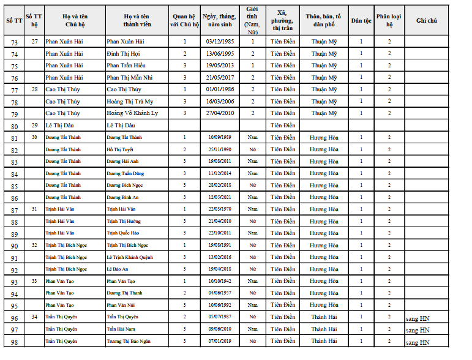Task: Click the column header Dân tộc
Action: click(361, 20)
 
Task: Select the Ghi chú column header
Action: click(426, 20)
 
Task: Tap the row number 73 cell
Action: click(14, 42)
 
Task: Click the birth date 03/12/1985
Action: click(219, 42)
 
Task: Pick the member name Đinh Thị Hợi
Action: click(123, 54)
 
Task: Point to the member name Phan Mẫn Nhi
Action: click(130, 78)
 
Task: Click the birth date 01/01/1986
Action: click(219, 89)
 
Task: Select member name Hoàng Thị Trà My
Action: click(130, 102)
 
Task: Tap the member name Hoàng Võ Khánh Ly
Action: click(132, 113)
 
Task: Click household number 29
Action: click(34, 126)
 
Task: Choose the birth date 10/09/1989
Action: click(219, 138)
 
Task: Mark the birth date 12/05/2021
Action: click(219, 197)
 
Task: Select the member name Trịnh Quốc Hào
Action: click(123, 233)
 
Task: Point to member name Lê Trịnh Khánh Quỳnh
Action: click(130, 257)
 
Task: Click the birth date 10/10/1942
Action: click(219, 281)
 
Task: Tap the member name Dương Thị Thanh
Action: click(124, 293)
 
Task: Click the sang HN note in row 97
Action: click(418, 330)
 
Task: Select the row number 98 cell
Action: click(14, 342)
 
